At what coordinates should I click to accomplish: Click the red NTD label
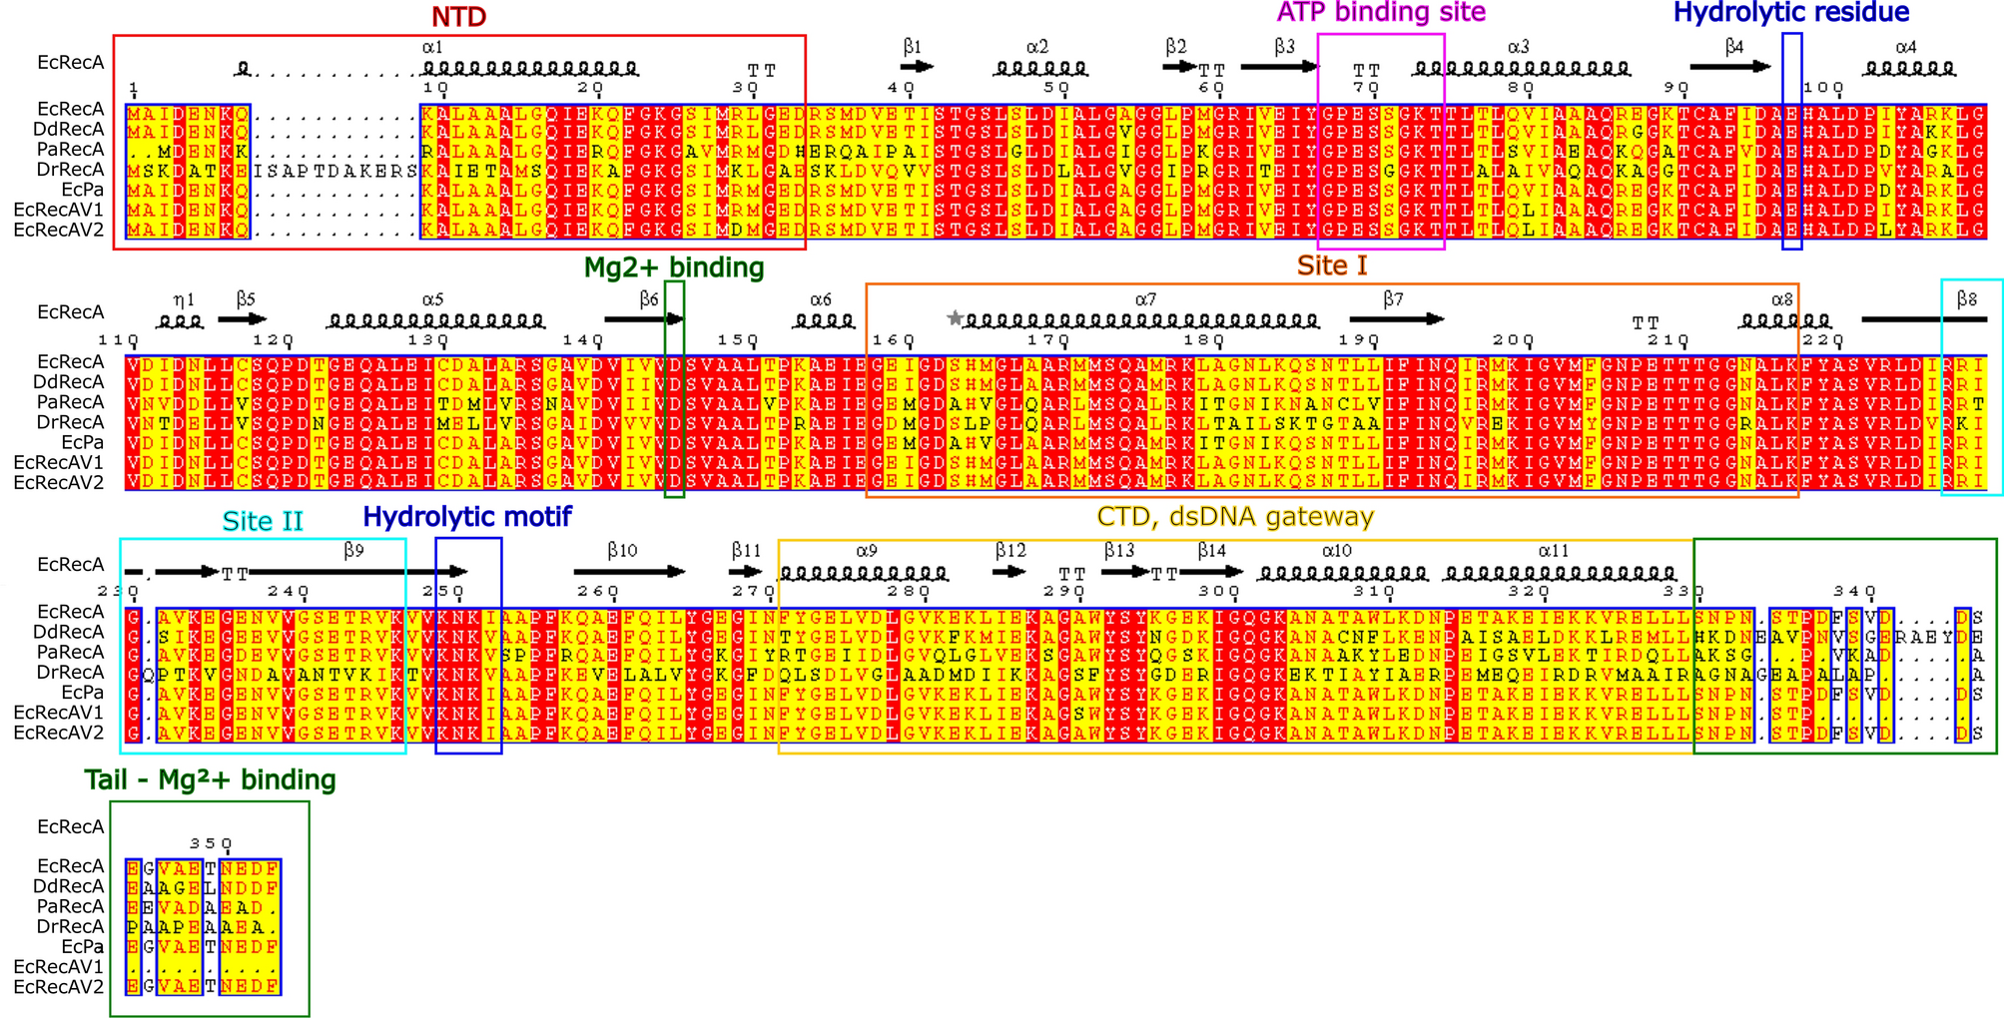[x=458, y=17]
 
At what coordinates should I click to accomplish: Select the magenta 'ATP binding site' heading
[x=1381, y=12]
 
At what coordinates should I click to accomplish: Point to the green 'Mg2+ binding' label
[x=674, y=267]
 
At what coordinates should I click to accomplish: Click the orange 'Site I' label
[x=1332, y=265]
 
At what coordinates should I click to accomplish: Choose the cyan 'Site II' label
[x=263, y=521]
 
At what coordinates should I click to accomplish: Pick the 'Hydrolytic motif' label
[x=467, y=517]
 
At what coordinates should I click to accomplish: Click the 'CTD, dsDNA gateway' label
[x=1235, y=517]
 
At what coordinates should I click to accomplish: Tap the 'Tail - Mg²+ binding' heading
[x=210, y=779]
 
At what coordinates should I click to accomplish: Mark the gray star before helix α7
[x=955, y=318]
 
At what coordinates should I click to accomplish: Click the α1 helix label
[x=432, y=47]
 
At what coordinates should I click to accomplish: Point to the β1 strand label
[x=913, y=47]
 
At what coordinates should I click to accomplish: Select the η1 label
[x=184, y=299]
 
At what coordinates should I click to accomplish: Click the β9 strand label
[x=353, y=550]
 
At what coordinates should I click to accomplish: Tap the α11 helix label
[x=1554, y=550]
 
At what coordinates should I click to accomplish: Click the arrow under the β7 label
[x=1396, y=319]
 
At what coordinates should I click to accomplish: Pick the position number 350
[x=211, y=844]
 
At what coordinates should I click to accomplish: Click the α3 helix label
[x=1518, y=47]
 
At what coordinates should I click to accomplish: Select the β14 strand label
[x=1212, y=550]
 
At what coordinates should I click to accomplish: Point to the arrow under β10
[x=629, y=572]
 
